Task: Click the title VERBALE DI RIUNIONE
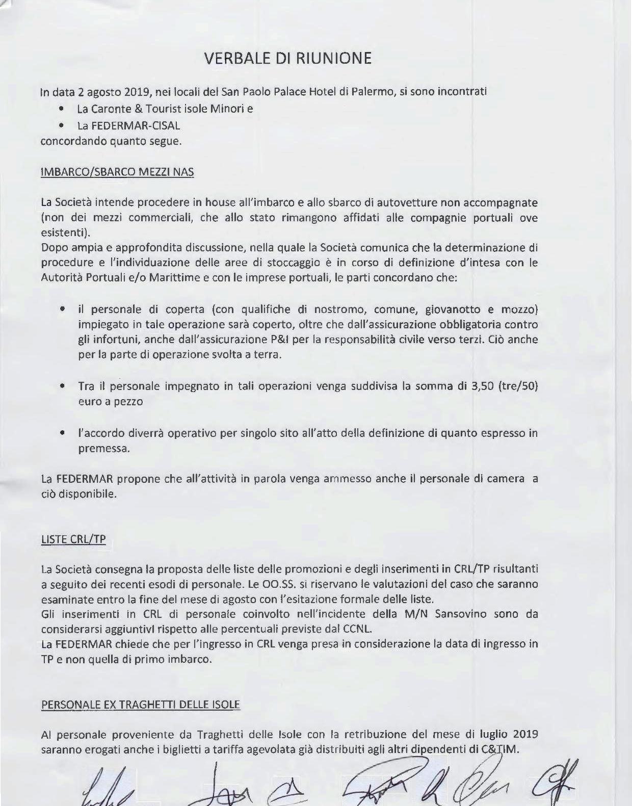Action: point(287,58)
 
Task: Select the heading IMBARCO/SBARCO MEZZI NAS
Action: point(117,171)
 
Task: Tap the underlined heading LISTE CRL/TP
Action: point(73,539)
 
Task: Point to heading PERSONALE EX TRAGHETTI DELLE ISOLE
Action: point(140,705)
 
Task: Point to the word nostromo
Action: point(339,309)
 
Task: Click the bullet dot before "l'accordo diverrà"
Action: point(62,433)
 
